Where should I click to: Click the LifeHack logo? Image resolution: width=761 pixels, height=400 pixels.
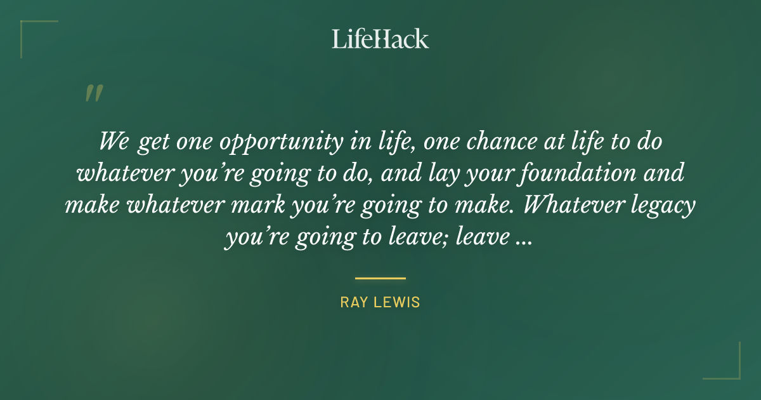pos(380,39)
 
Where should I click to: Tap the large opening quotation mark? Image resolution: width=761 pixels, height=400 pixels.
pos(93,94)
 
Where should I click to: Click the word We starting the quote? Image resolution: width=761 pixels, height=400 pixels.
pos(114,141)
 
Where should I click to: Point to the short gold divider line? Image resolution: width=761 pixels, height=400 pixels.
pos(380,278)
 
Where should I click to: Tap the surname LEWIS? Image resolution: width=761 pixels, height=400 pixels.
pos(398,302)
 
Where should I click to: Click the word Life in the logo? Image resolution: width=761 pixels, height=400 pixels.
pos(353,39)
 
